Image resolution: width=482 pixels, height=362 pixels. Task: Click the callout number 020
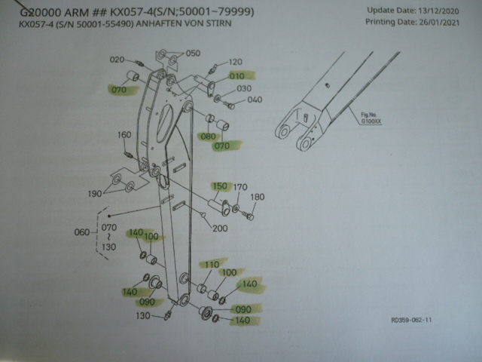(117, 59)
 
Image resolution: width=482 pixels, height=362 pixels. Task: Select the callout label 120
(235, 62)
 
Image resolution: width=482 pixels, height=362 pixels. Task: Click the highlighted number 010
(239, 76)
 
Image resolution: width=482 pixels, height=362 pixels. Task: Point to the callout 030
(244, 88)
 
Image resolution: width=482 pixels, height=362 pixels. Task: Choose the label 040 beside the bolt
(255, 100)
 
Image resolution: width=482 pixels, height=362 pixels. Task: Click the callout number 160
(124, 135)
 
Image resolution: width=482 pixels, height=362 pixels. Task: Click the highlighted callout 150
(220, 186)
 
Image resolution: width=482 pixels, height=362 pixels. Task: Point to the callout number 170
(240, 187)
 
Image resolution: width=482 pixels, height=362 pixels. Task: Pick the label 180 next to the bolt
(258, 198)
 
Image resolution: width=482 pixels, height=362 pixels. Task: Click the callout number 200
(220, 229)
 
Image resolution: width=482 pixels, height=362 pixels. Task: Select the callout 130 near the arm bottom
(144, 315)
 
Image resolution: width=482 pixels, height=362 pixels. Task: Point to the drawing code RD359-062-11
(411, 319)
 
